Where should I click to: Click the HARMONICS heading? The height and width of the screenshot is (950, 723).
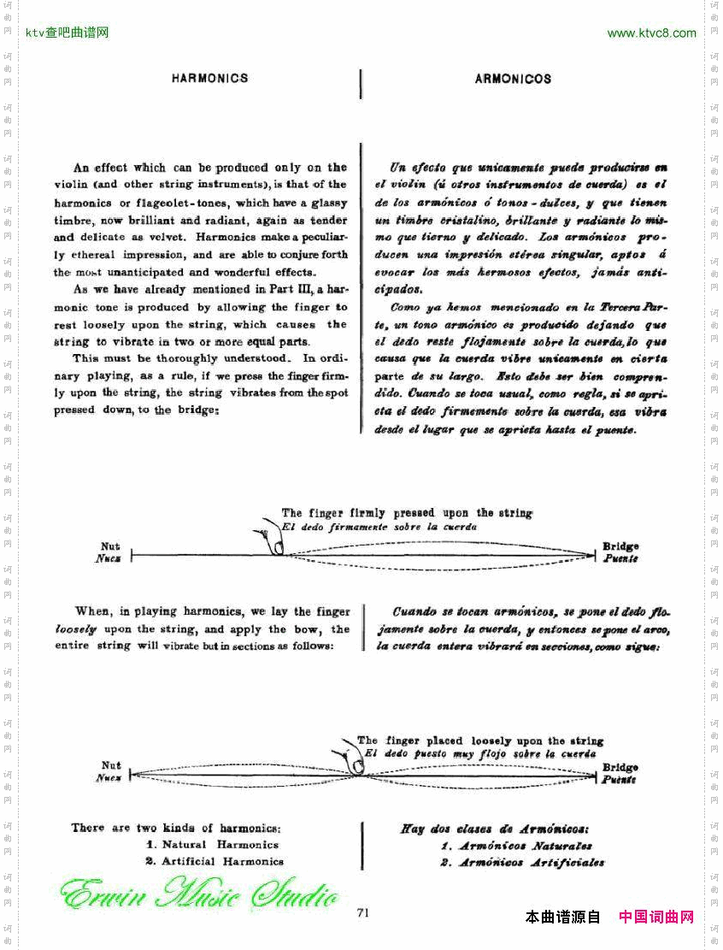(x=209, y=78)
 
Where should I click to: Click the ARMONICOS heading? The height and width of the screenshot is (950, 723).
(x=513, y=79)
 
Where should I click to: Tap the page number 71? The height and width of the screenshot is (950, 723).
(x=362, y=912)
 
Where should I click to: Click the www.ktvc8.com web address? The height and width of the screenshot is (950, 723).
(x=651, y=33)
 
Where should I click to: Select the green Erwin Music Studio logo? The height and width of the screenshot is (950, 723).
(x=198, y=894)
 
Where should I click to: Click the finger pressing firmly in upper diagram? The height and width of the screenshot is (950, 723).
(x=273, y=542)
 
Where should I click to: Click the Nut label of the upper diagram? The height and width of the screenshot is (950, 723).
(x=110, y=546)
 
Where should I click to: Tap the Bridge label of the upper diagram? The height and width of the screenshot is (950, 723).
(x=620, y=546)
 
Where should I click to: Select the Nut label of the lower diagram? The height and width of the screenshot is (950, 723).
(x=111, y=765)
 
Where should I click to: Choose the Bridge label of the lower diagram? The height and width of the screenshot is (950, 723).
(x=620, y=768)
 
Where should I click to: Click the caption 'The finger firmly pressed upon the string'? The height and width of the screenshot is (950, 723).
(x=407, y=513)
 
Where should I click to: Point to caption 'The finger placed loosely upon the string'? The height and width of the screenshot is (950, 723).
(x=480, y=741)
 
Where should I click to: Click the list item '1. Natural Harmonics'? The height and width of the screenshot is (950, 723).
(x=212, y=844)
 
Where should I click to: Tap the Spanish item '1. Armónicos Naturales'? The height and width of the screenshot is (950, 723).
(x=516, y=846)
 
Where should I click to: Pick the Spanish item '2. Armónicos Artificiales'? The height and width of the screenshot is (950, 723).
(x=522, y=863)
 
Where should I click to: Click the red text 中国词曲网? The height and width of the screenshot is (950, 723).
(x=655, y=917)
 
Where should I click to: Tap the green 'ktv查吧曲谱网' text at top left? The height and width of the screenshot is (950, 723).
(x=68, y=33)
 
